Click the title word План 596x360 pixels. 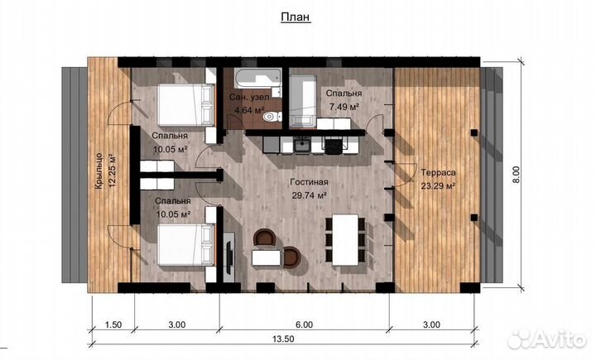coord(296,17)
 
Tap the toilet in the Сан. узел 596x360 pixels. coord(272,117)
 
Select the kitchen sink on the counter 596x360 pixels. coord(302,145)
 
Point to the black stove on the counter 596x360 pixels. coord(334,146)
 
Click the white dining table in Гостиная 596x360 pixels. coord(345,240)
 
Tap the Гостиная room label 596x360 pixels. coord(309,182)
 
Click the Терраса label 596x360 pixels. coord(438,173)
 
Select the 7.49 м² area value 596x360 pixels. coord(344,108)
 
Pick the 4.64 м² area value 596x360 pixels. coord(249,111)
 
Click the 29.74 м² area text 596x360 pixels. coord(310,196)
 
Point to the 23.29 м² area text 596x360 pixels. coord(438,186)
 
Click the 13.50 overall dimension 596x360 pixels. coord(284,338)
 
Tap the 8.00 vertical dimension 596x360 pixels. coord(516,174)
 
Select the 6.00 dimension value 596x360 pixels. coord(304,324)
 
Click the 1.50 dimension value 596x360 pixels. coord(113,324)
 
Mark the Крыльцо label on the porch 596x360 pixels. coord(99,170)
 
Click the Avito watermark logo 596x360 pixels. coord(547,338)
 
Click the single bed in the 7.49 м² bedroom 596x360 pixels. coord(303,101)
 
